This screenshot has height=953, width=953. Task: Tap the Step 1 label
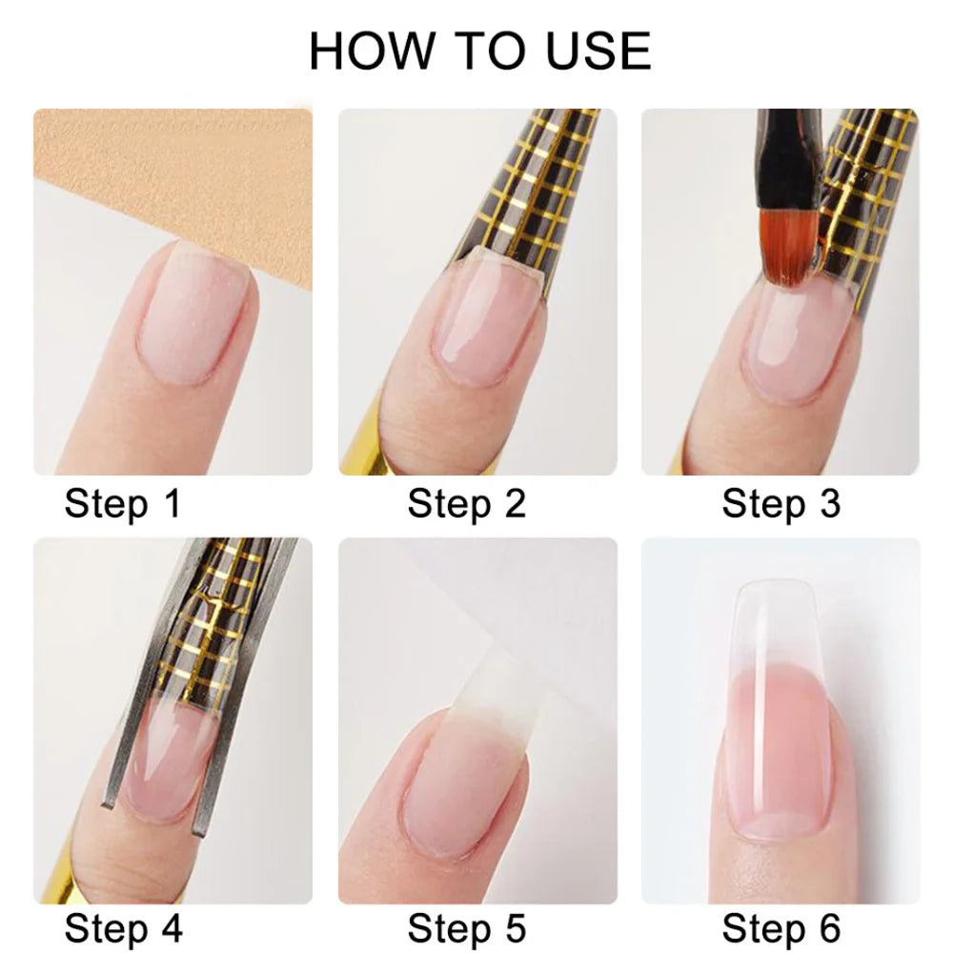click(x=122, y=503)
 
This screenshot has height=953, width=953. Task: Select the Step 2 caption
click(x=466, y=503)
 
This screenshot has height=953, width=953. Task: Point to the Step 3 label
click(x=781, y=503)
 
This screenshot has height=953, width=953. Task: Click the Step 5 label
click(x=466, y=927)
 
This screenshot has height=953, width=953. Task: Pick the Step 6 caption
click(x=781, y=927)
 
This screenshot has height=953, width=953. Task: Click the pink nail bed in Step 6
click(x=777, y=743)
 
